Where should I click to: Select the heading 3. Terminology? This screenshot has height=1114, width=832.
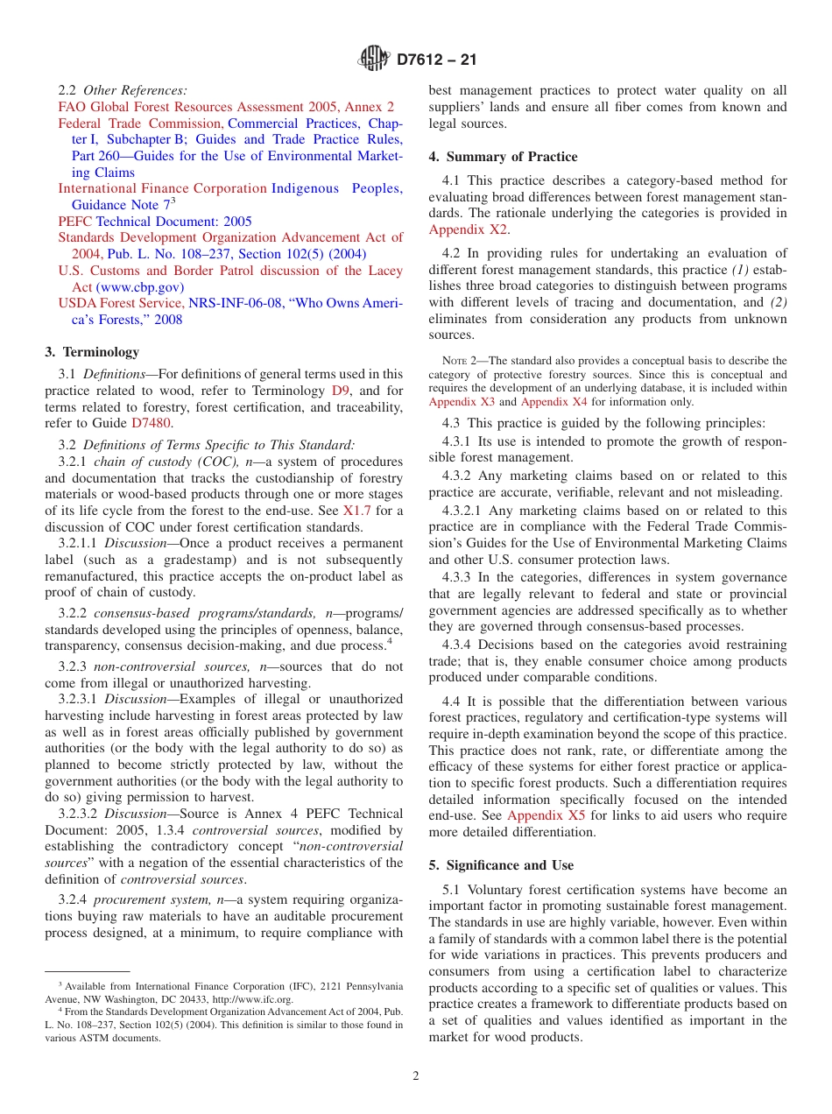click(x=92, y=351)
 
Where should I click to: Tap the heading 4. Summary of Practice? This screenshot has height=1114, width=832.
click(x=503, y=157)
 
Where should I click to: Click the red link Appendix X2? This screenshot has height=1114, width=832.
click(x=468, y=229)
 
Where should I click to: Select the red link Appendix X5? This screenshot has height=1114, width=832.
click(x=546, y=815)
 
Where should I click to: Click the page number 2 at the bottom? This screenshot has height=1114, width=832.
click(x=416, y=1075)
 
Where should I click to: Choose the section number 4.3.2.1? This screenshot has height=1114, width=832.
click(x=463, y=511)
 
